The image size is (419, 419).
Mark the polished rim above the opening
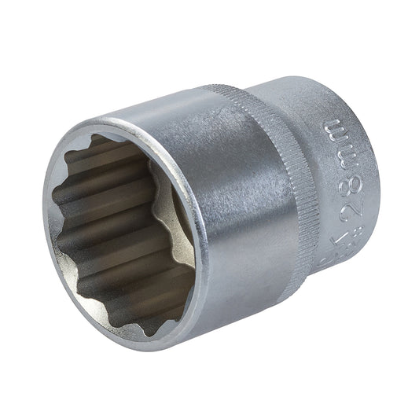pos(118,126)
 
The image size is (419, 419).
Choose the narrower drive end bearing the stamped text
pos(338,181)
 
